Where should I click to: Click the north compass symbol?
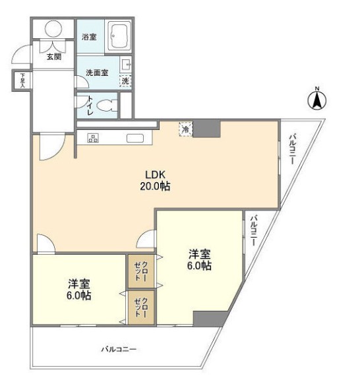[x=317, y=100]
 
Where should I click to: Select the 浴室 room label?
[x=89, y=37]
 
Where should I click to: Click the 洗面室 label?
[x=96, y=73]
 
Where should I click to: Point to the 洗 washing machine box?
[x=125, y=81]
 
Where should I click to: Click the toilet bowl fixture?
[x=107, y=104]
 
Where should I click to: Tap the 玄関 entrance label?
[x=54, y=57]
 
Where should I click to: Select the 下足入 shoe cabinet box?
[x=22, y=80]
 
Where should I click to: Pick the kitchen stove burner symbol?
[x=92, y=139]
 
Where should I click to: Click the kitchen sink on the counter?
[x=136, y=138]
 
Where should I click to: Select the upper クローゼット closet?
[x=142, y=270]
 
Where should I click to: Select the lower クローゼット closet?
[x=142, y=307]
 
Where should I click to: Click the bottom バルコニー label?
[x=119, y=349]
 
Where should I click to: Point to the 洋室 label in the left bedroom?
[x=78, y=284]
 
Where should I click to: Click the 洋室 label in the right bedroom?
[x=199, y=253]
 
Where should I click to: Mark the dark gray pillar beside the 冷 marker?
[x=206, y=128]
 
